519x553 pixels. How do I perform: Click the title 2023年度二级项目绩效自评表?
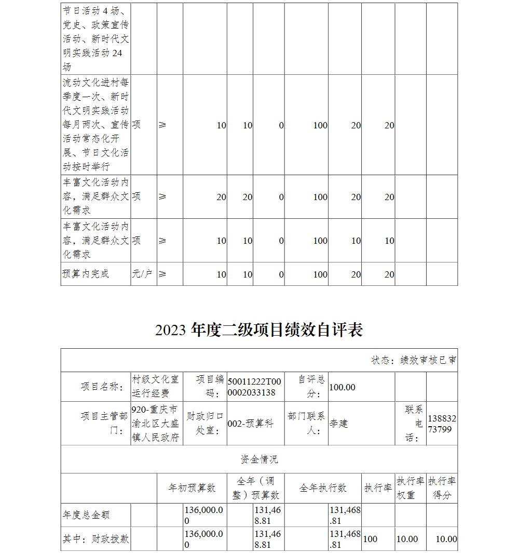pyautogui.click(x=258, y=330)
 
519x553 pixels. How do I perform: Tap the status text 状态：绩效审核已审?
pyautogui.click(x=414, y=360)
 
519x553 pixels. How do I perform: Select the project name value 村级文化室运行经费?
pyautogui.click(x=156, y=387)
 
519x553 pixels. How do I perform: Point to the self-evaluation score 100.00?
pyautogui.click(x=343, y=387)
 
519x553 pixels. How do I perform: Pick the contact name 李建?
pyautogui.click(x=339, y=424)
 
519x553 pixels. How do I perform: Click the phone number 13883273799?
pyautogui.click(x=442, y=424)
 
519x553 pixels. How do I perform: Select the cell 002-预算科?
pyautogui.click(x=250, y=424)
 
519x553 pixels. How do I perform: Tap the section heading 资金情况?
pyautogui.click(x=259, y=459)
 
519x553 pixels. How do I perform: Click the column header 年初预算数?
pyautogui.click(x=192, y=488)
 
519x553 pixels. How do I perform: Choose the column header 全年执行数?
pyautogui.click(x=323, y=488)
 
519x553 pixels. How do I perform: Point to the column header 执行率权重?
pyautogui.click(x=410, y=488)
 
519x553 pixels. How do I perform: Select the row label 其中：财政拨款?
pyautogui.click(x=95, y=539)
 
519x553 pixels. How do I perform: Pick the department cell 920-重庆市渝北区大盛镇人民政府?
pyautogui.click(x=156, y=424)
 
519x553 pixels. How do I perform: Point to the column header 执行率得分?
pyautogui.click(x=442, y=488)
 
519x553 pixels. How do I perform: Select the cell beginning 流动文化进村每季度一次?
pyautogui.click(x=95, y=125)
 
